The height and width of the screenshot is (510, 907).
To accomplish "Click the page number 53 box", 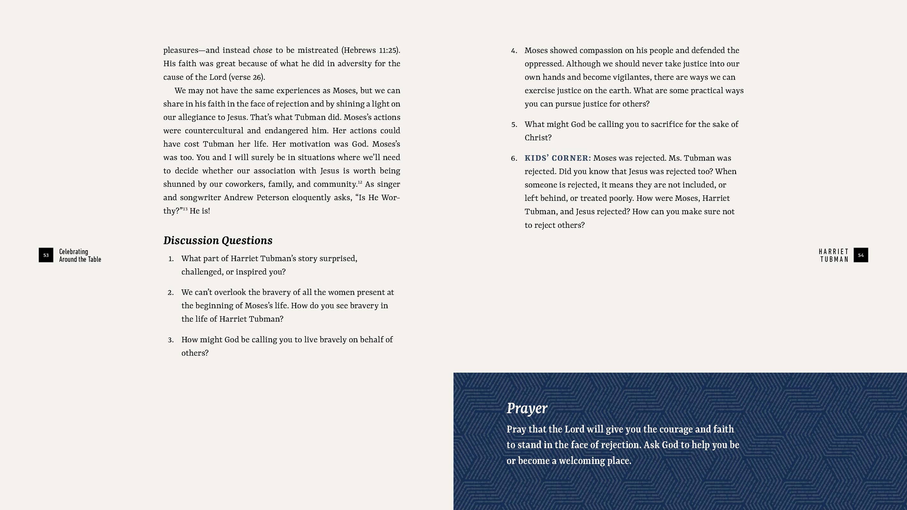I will [46, 255].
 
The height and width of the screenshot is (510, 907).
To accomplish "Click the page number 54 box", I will [860, 255].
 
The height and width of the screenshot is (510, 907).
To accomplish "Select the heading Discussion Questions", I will [218, 240].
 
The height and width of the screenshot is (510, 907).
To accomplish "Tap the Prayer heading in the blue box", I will [527, 408].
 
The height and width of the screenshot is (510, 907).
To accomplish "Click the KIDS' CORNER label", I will [558, 158].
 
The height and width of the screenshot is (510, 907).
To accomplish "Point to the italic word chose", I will [262, 50].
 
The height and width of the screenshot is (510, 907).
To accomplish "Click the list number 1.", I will [171, 259].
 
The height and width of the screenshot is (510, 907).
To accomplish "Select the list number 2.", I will [171, 293].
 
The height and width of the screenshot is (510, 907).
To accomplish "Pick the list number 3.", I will [171, 340].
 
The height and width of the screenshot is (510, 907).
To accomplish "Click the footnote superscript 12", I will [360, 182].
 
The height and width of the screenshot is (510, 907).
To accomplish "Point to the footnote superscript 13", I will [185, 209].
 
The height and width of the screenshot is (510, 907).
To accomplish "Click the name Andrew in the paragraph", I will [238, 197].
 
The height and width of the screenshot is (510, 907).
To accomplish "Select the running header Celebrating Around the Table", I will [80, 255].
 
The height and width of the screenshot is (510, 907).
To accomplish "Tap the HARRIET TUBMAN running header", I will [833, 255].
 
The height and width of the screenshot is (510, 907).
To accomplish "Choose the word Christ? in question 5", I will [538, 138].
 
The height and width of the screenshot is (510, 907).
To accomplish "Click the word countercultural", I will [214, 131].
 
